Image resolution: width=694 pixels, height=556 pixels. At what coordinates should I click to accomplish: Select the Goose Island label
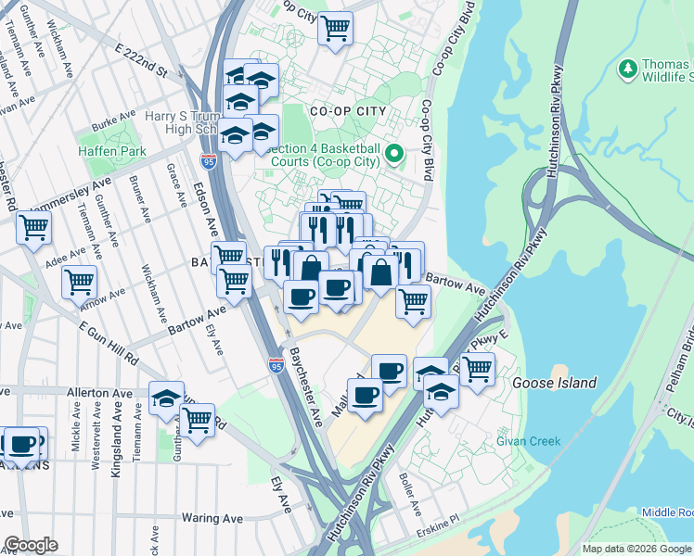(x=554, y=383)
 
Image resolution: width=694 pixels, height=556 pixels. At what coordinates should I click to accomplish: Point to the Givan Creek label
(x=528, y=441)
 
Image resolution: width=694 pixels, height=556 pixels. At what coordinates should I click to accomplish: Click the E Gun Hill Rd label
(x=109, y=343)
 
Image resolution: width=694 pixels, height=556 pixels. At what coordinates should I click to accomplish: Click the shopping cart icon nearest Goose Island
(x=476, y=369)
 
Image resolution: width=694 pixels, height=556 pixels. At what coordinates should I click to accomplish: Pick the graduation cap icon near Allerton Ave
(x=166, y=398)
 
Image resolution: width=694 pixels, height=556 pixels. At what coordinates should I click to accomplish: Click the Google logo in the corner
(x=31, y=545)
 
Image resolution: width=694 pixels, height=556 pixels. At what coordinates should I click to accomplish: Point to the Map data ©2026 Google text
(x=637, y=549)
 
